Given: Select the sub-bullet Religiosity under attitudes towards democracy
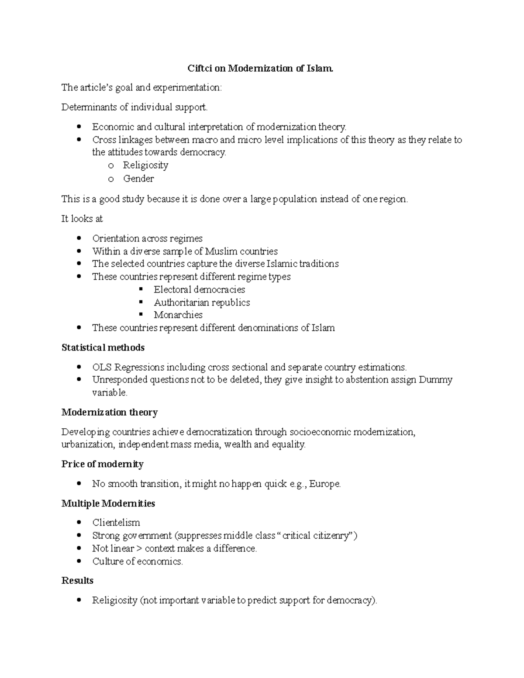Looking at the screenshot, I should [145, 165].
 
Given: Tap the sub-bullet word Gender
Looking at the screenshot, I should [138, 178].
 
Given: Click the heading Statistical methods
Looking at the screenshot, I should [103, 348].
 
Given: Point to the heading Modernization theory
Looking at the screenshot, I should [110, 412].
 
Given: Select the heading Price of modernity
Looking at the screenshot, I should [103, 464].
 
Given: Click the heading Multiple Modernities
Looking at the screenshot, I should [108, 503].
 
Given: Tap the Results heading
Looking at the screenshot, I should [78, 580].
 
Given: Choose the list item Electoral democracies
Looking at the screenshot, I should [199, 289].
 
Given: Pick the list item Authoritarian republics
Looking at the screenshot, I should [202, 302].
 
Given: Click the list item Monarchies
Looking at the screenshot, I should [178, 315].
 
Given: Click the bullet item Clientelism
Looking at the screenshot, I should [116, 523].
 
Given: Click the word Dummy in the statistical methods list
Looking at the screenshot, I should [435, 379].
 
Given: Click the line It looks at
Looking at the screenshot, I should [82, 219].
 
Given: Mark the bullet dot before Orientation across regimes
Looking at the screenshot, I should [79, 238].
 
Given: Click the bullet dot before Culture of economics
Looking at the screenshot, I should [79, 561].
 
